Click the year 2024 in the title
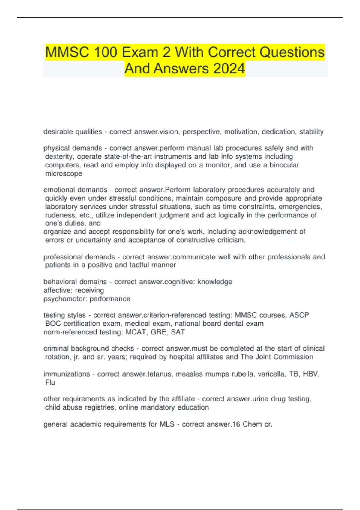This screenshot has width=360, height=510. click(229, 68)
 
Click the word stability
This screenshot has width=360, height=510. click(311, 132)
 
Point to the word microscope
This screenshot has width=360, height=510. click(64, 173)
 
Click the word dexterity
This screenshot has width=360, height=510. click(60, 157)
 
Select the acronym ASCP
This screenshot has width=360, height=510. click(299, 315)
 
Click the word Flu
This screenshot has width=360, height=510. click(50, 382)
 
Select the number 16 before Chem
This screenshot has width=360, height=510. click(236, 424)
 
